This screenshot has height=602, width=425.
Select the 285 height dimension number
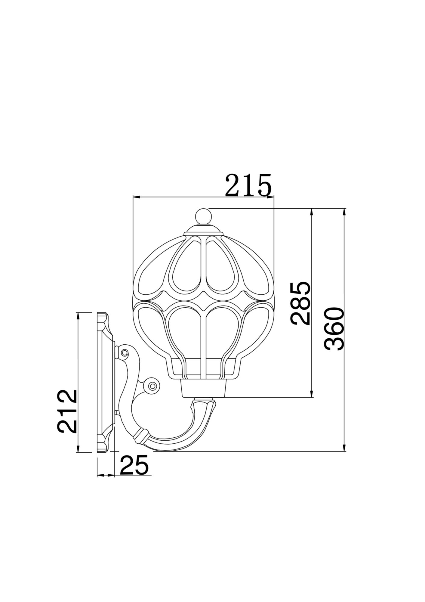[300, 303]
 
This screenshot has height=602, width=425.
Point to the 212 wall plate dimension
[68, 411]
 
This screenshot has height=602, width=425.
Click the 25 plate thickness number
[134, 473]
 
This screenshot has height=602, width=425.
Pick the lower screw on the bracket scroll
[152, 386]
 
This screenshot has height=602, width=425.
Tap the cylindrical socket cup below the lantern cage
[204, 388]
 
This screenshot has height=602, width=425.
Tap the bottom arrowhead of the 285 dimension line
[312, 394]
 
